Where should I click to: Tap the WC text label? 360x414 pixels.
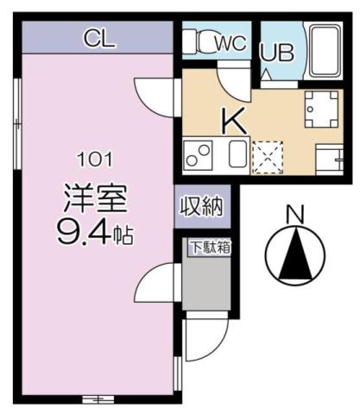click(x=229, y=41)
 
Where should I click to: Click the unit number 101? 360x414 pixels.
click(x=95, y=160)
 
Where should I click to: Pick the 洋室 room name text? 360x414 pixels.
click(x=95, y=199)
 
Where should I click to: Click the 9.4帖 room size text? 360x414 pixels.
click(x=95, y=232)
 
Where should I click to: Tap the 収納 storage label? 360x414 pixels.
click(x=201, y=206)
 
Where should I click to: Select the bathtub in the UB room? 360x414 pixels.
click(x=325, y=52)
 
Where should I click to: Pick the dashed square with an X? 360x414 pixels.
click(x=265, y=155)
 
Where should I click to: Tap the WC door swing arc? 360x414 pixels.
click(x=231, y=83)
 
